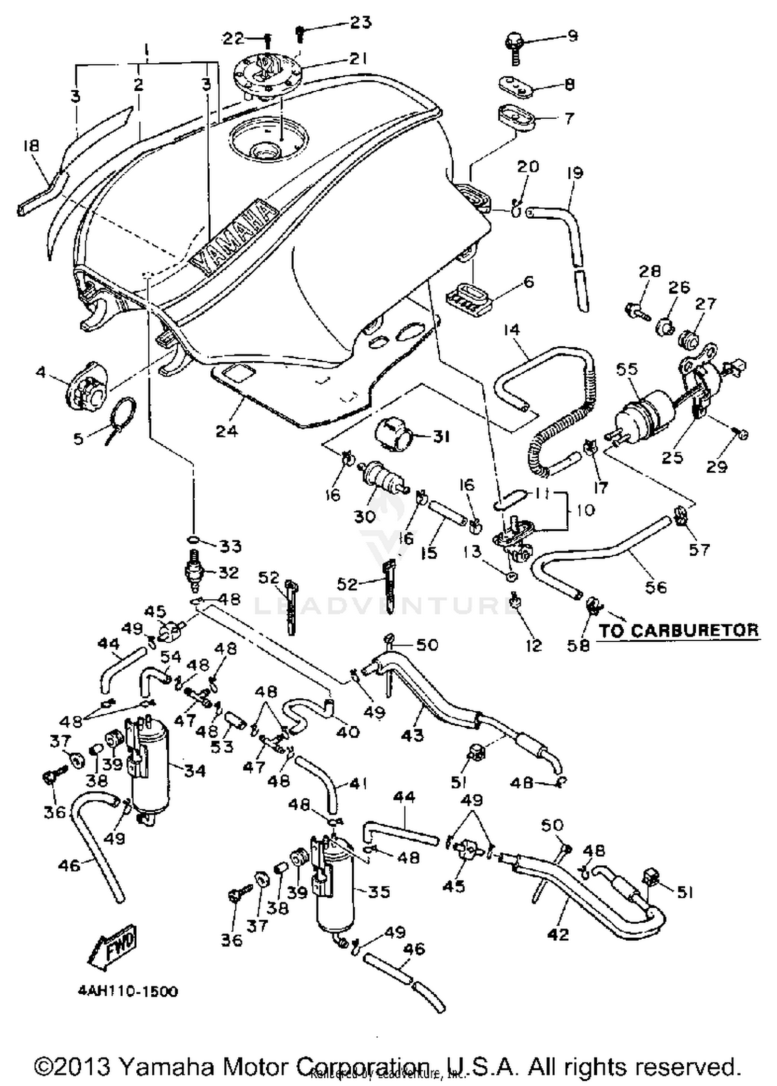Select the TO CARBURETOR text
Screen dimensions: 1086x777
click(x=679, y=630)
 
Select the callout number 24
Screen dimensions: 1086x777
click(x=226, y=431)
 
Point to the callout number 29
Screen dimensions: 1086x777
click(x=717, y=467)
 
